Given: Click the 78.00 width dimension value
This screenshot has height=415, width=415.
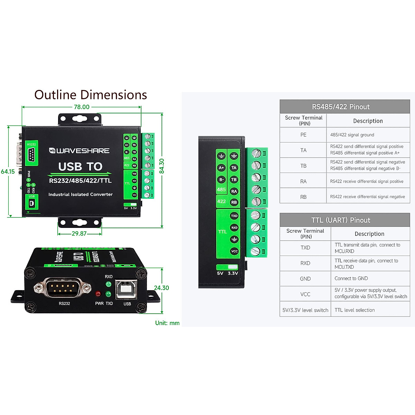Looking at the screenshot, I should [x=82, y=107].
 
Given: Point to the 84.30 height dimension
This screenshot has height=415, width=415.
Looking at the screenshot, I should [x=162, y=166].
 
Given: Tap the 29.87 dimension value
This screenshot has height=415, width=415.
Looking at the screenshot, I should [x=79, y=234].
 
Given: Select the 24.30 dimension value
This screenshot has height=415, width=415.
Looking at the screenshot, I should [x=162, y=288].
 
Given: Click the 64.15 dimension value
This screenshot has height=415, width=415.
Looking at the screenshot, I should [x=8, y=172].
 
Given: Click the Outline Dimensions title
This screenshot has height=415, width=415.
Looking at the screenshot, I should [x=91, y=95].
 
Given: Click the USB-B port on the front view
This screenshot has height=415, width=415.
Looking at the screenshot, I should [x=127, y=289].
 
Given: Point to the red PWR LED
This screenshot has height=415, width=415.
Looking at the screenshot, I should [x=98, y=294].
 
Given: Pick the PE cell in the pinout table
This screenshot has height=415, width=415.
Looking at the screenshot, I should [x=303, y=135].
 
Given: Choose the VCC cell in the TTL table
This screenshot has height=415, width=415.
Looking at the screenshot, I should [x=305, y=294].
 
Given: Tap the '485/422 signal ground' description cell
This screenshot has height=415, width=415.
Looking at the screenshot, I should [x=352, y=135].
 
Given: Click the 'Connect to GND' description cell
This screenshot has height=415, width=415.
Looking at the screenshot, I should [x=351, y=278].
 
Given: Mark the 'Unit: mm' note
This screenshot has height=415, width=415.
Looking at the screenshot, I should [x=167, y=323].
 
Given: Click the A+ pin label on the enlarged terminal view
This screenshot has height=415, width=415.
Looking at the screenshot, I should [x=221, y=168].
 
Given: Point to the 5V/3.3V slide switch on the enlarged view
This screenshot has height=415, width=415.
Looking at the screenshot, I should [x=227, y=267].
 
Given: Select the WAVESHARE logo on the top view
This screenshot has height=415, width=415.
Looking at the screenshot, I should [x=79, y=151].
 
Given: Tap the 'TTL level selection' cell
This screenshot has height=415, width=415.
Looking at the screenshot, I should [x=354, y=310].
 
